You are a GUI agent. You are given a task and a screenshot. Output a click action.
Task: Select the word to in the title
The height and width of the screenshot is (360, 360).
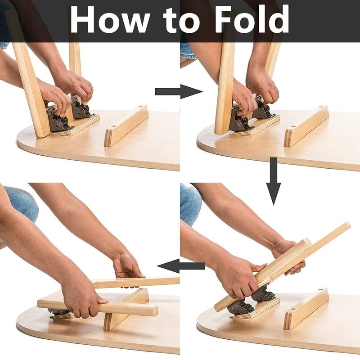tap(185, 20)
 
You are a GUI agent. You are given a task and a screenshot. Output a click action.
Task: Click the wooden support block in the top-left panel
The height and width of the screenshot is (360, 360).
tap(126, 126)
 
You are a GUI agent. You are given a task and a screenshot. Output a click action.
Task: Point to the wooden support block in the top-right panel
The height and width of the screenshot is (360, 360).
tap(306, 126)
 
